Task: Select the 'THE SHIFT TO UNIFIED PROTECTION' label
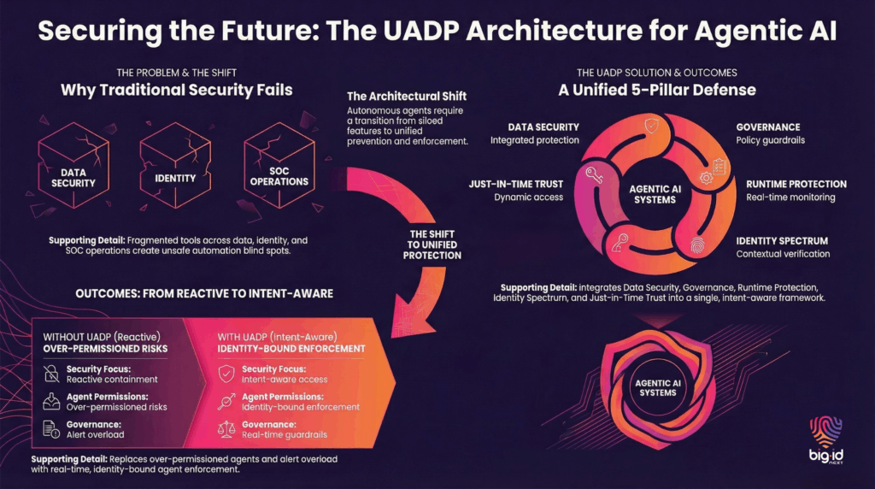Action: point(432,244)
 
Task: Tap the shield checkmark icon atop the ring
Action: point(652,126)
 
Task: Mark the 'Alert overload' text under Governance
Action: point(97,434)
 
